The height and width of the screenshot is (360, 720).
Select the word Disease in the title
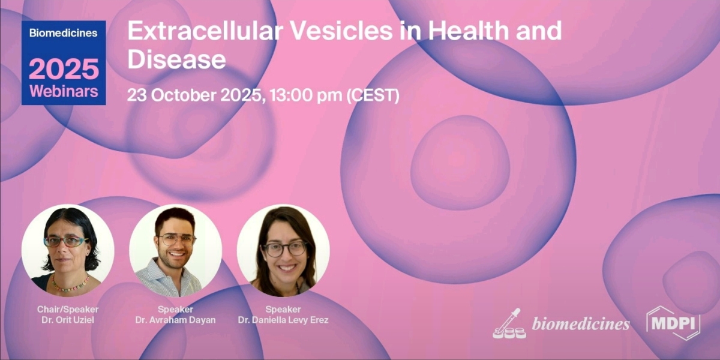[x=176, y=59]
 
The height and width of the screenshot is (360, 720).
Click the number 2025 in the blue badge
[x=64, y=70]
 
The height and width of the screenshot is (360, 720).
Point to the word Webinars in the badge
[x=64, y=92]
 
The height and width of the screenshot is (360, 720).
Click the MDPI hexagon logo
[x=673, y=322]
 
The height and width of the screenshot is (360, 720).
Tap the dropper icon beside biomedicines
[x=509, y=324]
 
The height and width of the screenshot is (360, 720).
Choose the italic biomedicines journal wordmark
[x=581, y=324]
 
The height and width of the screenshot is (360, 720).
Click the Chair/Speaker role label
[x=68, y=310]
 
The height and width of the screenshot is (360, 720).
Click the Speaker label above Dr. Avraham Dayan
[x=175, y=310]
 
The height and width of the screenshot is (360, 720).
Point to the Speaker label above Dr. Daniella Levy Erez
[x=283, y=310]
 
